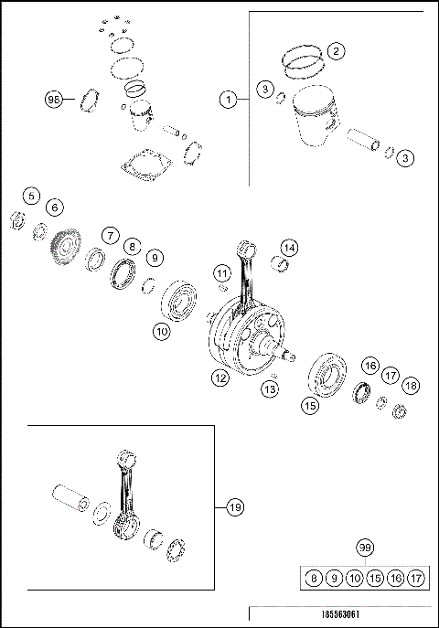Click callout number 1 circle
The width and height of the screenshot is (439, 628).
tap(228, 97)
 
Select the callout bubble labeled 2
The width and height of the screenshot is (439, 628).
tap(337, 51)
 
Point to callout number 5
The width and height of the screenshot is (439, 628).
tap(32, 196)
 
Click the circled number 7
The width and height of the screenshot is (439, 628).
tap(109, 236)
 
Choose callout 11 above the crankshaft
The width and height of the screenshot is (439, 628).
tap(221, 273)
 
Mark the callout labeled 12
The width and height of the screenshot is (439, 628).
tap(220, 377)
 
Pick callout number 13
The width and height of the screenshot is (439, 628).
tap(269, 389)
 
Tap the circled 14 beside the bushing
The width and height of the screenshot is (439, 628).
tap(289, 248)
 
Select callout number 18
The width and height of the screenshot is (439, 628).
tap(411, 386)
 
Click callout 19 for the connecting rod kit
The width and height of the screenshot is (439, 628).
tap(234, 506)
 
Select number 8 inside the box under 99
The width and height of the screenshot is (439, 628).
tap(313, 578)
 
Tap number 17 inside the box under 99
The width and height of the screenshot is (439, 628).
tap(416, 578)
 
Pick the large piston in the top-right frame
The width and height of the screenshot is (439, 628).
tap(311, 124)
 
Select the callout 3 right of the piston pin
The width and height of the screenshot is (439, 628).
tap(406, 158)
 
